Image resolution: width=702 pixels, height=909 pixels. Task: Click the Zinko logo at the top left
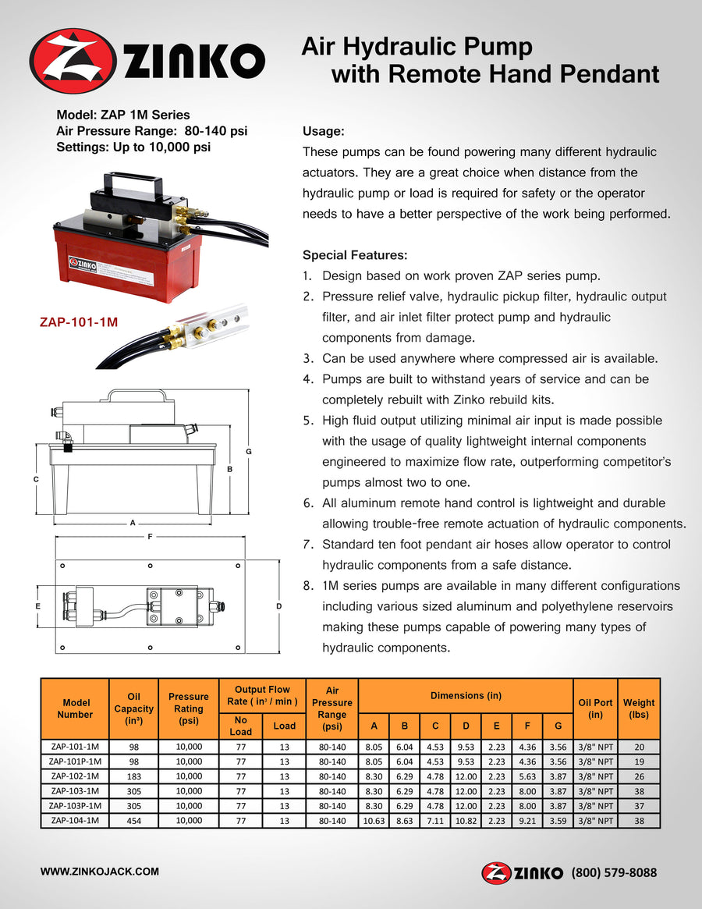[x=147, y=61]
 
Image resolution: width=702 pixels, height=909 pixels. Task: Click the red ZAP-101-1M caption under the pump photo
[x=78, y=321]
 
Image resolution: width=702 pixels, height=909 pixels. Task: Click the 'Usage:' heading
[x=323, y=132]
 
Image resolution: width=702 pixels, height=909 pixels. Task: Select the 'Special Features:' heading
[x=354, y=255]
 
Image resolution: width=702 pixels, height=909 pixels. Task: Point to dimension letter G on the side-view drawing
[x=249, y=452]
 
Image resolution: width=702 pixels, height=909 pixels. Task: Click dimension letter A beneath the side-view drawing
[x=133, y=522]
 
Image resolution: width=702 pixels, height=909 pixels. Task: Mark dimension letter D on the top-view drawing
[x=278, y=606]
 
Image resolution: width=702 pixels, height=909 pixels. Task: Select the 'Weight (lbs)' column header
[x=639, y=708]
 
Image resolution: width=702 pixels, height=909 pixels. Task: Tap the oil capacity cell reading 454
[x=133, y=821]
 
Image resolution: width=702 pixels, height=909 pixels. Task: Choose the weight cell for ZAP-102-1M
[x=639, y=776]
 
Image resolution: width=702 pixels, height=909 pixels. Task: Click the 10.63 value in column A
[x=374, y=821]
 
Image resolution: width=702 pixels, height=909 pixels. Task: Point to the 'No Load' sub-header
[x=241, y=726]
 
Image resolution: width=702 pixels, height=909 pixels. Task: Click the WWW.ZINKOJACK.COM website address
[x=100, y=872]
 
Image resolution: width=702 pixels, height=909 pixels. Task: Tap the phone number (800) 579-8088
[x=614, y=872]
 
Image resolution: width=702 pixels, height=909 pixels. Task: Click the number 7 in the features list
[x=307, y=544]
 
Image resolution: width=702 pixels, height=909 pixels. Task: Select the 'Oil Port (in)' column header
[x=596, y=708]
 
